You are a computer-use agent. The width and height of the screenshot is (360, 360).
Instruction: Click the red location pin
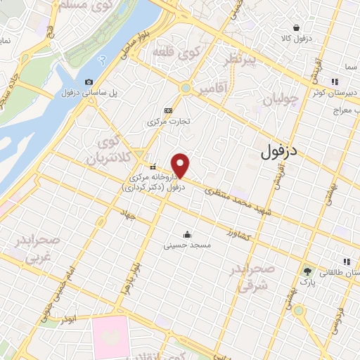(x=181, y=165)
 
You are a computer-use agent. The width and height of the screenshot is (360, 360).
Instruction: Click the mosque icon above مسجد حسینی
(x=187, y=234)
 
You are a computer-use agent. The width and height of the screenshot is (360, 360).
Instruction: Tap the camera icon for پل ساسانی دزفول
(x=89, y=82)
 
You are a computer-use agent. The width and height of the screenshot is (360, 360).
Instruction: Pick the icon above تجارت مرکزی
(x=168, y=110)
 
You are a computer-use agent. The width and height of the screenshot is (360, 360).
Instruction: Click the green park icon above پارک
(x=306, y=271)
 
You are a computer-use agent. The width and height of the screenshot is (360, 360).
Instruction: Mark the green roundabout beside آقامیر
(x=186, y=88)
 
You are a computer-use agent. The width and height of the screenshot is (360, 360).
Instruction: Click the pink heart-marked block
(x=110, y=335)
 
